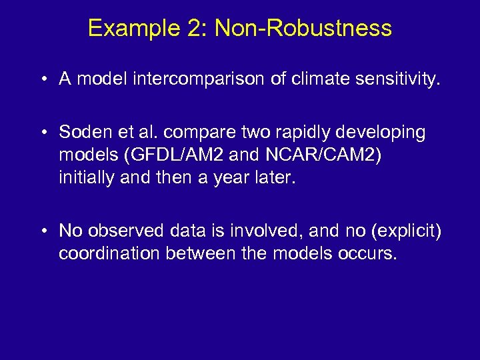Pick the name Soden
(x=82, y=132)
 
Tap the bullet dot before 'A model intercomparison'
(x=43, y=80)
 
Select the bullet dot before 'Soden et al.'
(x=43, y=132)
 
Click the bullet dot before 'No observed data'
(x=43, y=230)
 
